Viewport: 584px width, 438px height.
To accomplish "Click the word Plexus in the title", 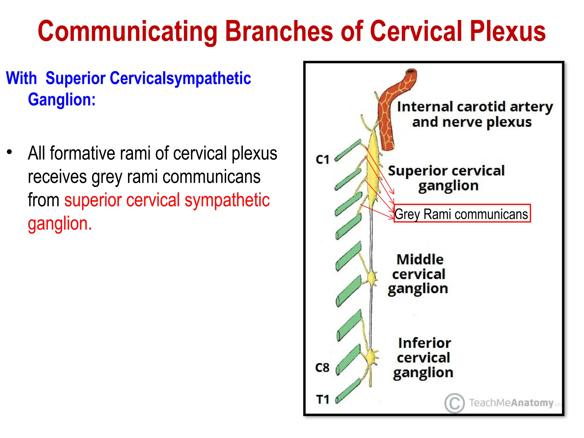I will point(508,31).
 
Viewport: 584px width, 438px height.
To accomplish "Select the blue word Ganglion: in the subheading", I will point(62,100).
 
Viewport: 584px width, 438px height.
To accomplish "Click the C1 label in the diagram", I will point(323,159).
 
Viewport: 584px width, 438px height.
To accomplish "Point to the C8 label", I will point(322,368).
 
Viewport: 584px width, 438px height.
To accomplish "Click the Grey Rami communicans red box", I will point(462,214).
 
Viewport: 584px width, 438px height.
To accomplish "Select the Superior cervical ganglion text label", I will point(447,179).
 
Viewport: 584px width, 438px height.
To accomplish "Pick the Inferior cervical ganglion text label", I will point(424,358).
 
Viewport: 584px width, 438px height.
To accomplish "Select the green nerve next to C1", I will point(348,150).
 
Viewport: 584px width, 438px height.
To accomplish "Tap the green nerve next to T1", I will point(348,391).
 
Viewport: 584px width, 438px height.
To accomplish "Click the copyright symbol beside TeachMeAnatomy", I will point(455,403).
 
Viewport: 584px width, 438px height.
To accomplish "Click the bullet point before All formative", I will point(10,152).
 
